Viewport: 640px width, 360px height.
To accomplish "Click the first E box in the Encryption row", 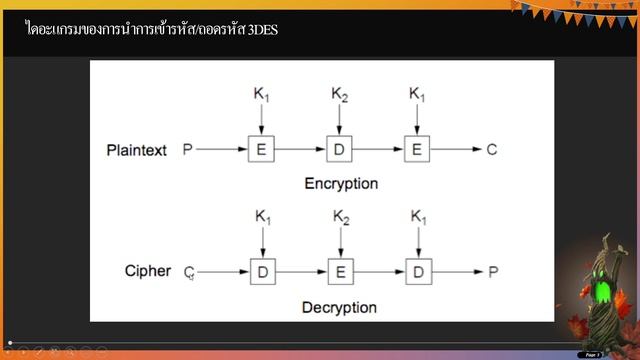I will (261, 150).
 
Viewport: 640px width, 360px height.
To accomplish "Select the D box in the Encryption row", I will (339, 150).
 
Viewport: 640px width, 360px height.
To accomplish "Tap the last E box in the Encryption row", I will (417, 150).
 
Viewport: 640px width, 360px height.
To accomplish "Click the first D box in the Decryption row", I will (261, 272).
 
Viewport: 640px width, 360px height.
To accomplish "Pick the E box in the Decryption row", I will (340, 272).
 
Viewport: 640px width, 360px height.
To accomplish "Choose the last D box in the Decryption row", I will (418, 272).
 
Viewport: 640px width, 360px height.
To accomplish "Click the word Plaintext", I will (139, 150).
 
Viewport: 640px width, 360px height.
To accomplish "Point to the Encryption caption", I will (341, 184).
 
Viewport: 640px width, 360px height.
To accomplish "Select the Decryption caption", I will (339, 306).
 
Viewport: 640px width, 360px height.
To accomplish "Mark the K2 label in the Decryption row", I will (341, 216).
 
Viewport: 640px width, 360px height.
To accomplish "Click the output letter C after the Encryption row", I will (491, 150).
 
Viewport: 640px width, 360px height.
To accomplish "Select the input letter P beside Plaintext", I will (187, 150).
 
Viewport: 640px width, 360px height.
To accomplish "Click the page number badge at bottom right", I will (591, 354).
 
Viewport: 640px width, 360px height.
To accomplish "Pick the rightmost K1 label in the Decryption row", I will (419, 216).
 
